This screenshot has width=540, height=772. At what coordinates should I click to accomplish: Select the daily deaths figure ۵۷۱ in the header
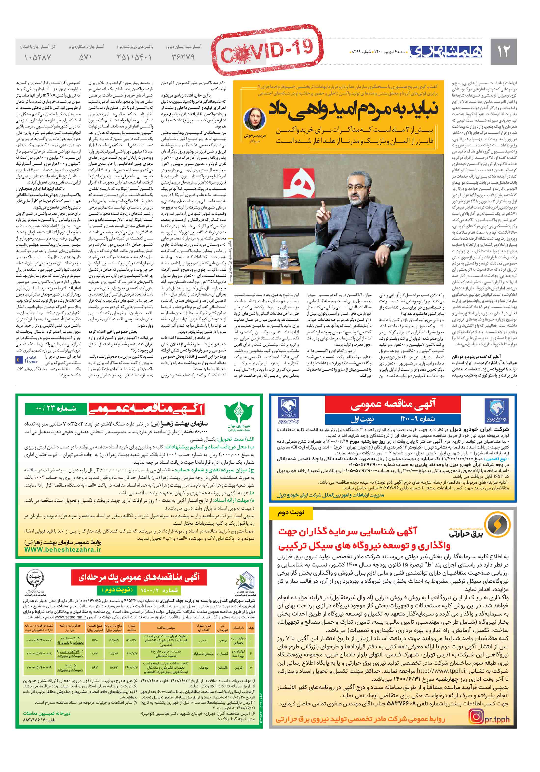pyautogui.click(x=85, y=57)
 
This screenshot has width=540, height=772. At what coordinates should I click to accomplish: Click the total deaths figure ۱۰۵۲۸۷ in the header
pyautogui.click(x=38, y=57)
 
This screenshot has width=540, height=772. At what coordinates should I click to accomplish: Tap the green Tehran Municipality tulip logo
pyautogui.click(x=238, y=414)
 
